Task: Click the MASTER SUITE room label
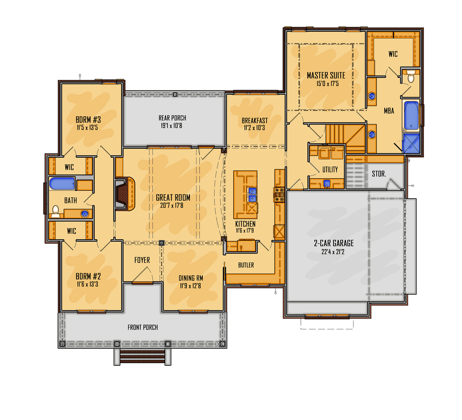point(326,76)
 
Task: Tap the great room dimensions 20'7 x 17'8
point(172,206)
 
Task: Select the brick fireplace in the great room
point(121,194)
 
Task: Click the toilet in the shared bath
point(55,211)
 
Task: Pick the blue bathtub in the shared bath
point(62,184)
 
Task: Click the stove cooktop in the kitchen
point(279,194)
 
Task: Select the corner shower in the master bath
point(411,143)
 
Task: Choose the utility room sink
point(327,183)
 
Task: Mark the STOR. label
point(379,174)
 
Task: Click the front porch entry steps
point(142,357)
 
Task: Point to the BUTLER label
point(246,265)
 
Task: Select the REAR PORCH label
point(172,118)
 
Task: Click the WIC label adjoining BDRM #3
point(69,167)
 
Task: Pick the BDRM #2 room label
point(88,276)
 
